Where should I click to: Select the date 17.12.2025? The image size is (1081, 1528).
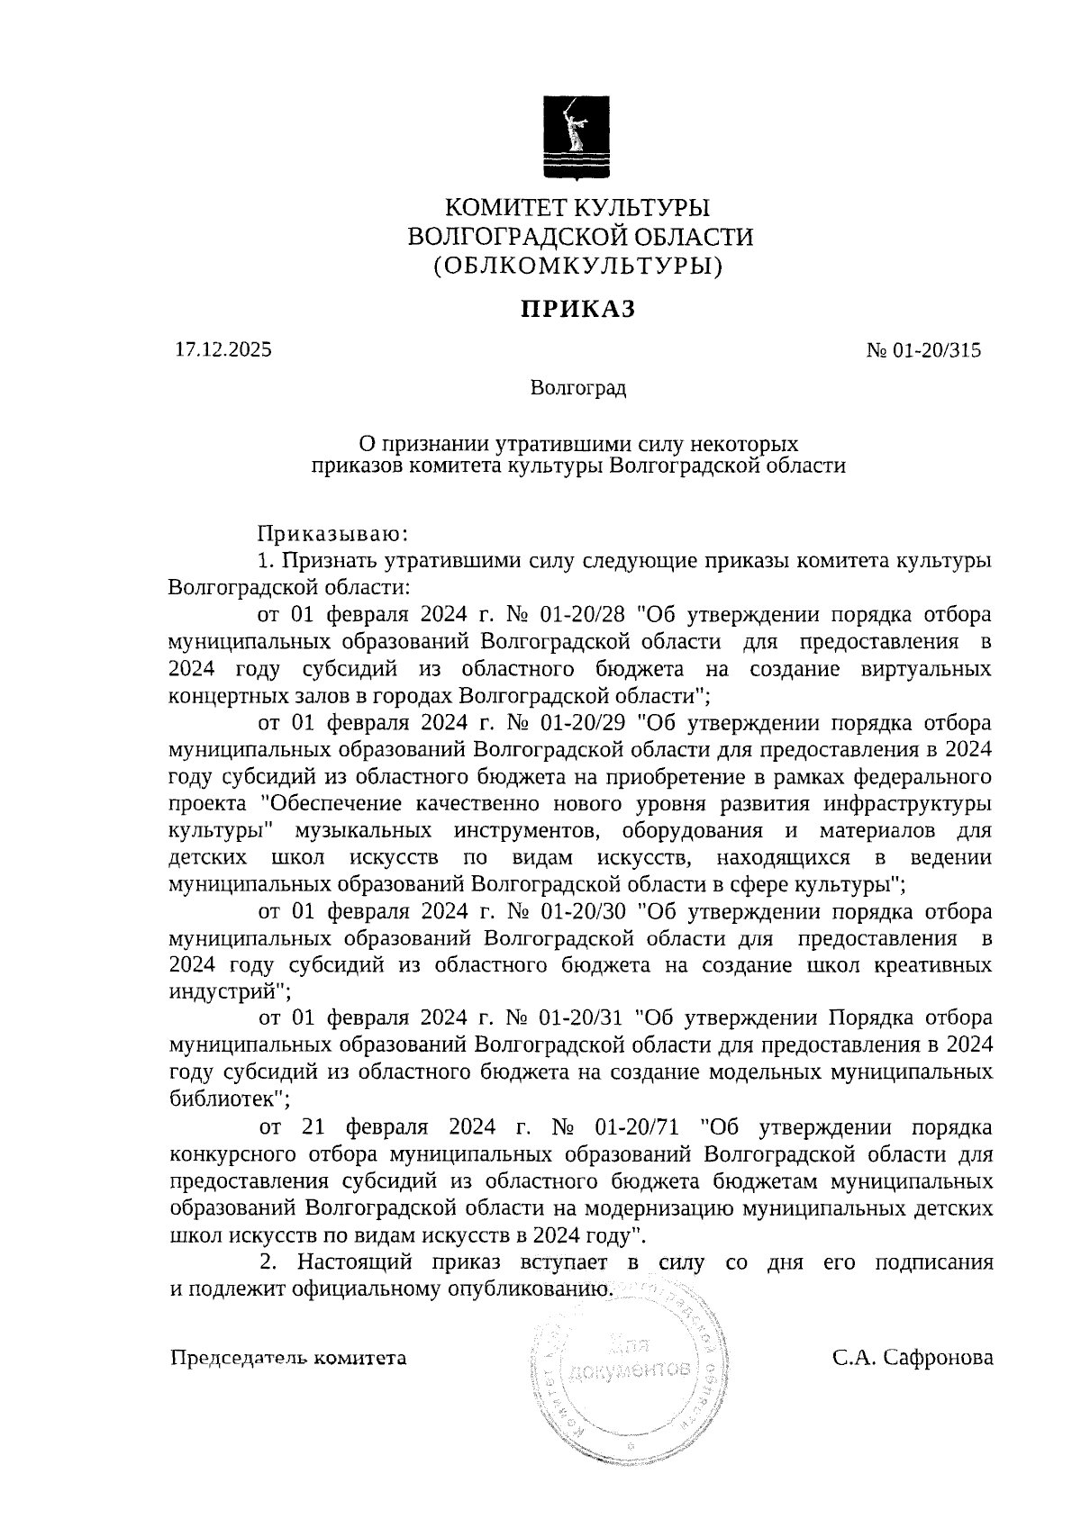click(223, 350)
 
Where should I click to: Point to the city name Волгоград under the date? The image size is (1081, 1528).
click(578, 389)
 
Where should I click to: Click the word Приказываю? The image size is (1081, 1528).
click(334, 534)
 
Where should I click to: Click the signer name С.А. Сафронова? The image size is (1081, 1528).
click(913, 1357)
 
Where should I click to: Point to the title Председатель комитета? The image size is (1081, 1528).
click(288, 1357)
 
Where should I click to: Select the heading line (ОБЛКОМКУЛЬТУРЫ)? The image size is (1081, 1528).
click(578, 267)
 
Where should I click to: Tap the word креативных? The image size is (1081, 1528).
click(934, 965)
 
